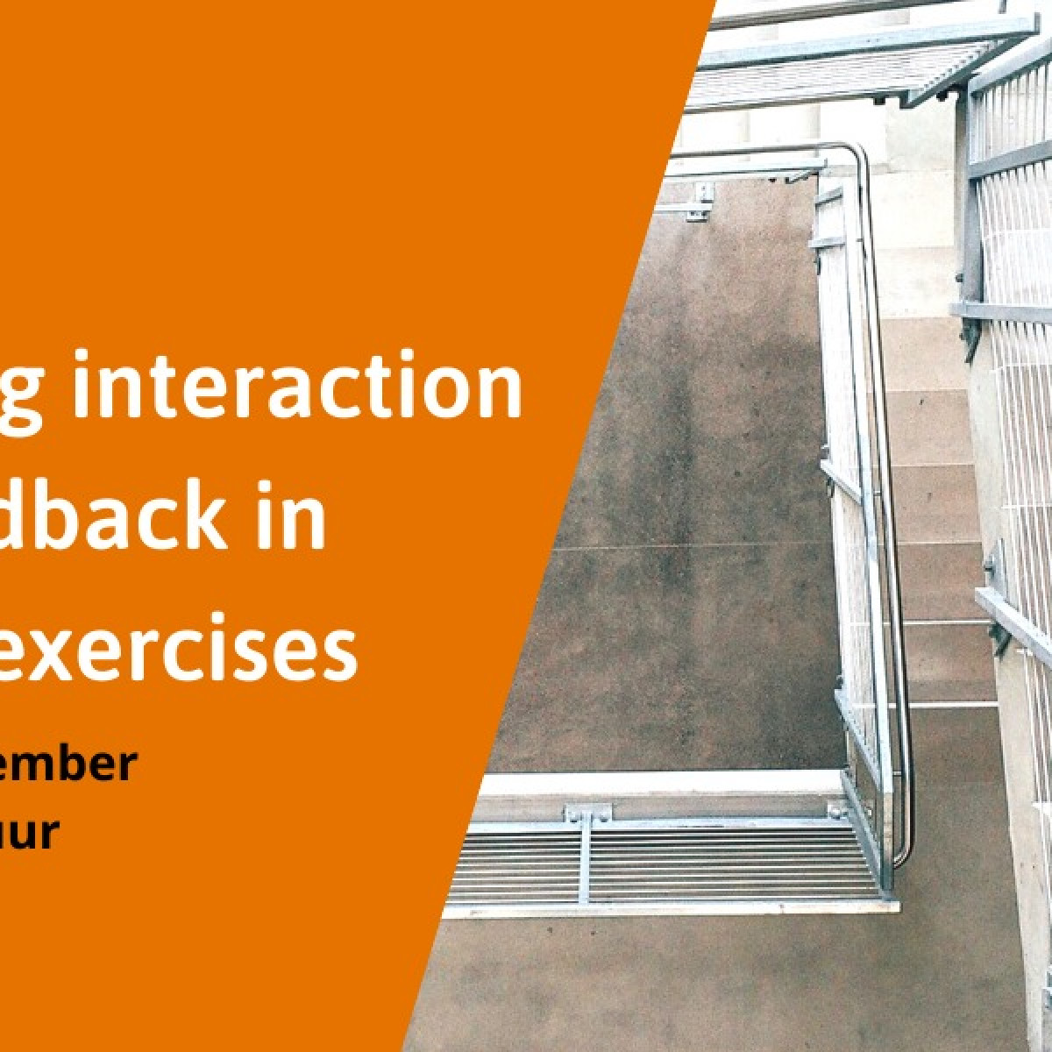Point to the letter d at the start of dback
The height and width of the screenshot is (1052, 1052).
31,517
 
